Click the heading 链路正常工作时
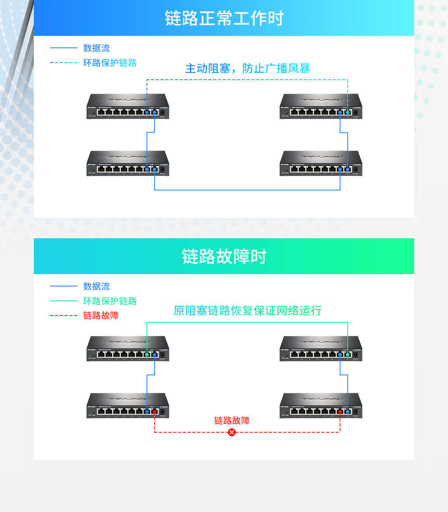click(x=224, y=18)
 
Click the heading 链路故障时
click(x=224, y=257)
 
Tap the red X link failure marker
click(x=232, y=432)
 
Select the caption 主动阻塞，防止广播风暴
click(x=247, y=69)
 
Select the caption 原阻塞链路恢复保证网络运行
click(x=247, y=311)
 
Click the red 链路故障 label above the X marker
click(x=232, y=421)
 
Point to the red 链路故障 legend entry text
click(x=101, y=316)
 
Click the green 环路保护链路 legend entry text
click(x=110, y=301)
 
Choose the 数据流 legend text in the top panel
click(x=96, y=48)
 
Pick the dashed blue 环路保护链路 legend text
click(x=110, y=63)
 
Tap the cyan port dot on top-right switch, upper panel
click(x=348, y=112)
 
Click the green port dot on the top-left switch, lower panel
click(x=147, y=354)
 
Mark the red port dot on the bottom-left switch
click(x=155, y=411)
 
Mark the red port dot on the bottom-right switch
click(x=340, y=411)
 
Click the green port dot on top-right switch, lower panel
click(x=348, y=354)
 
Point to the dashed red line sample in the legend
click(x=64, y=316)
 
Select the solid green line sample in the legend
click(x=64, y=301)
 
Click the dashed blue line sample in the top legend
click(x=64, y=63)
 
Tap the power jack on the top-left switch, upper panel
click(x=162, y=113)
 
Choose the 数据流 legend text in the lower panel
click(x=96, y=286)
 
